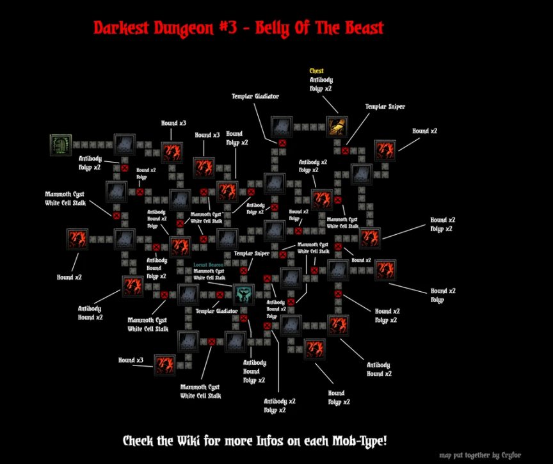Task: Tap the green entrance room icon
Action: pyautogui.click(x=61, y=145)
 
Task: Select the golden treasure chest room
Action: pyautogui.click(x=337, y=127)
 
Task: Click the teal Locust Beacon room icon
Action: pyautogui.click(x=244, y=294)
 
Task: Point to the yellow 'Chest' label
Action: pyautogui.click(x=316, y=71)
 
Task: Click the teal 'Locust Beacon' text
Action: pyautogui.click(x=209, y=264)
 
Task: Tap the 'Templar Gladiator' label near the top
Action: pyautogui.click(x=255, y=96)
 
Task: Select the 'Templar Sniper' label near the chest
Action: pyautogui.click(x=385, y=106)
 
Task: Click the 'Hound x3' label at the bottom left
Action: pyautogui.click(x=131, y=360)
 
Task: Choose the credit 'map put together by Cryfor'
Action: pyautogui.click(x=480, y=455)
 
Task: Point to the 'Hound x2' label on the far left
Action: pyautogui.click(x=69, y=277)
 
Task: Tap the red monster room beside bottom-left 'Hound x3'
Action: pyautogui.click(x=164, y=365)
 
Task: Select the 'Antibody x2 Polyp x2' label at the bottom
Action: pyautogui.click(x=280, y=406)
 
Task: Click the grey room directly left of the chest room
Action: pyautogui.click(x=282, y=127)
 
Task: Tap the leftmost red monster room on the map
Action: pyautogui.click(x=77, y=239)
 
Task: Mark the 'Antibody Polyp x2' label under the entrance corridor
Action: pyautogui.click(x=90, y=162)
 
